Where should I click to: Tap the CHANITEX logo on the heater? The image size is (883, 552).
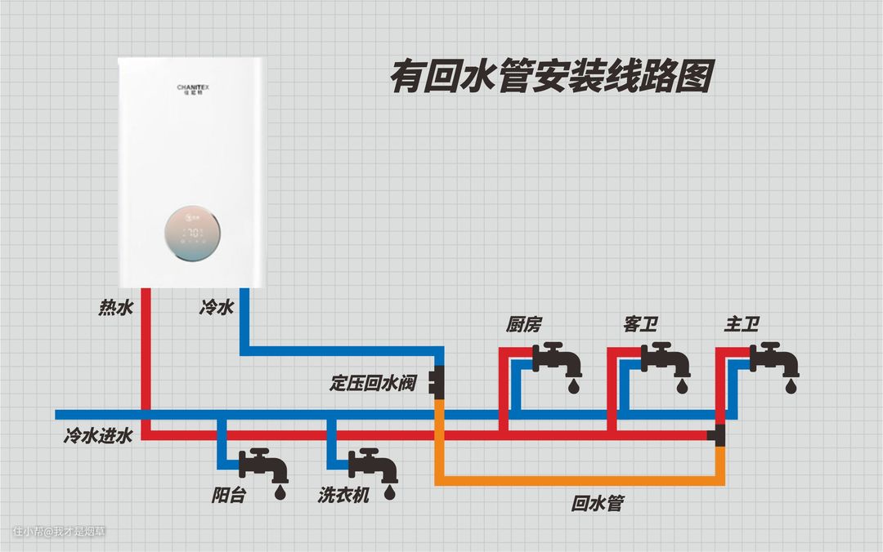193,87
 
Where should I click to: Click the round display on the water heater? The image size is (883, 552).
193,234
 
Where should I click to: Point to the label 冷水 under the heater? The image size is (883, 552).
217,308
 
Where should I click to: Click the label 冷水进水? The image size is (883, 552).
98,437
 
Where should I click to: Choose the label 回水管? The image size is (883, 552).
597,504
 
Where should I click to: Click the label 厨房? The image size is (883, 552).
523,325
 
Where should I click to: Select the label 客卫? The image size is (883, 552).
640,325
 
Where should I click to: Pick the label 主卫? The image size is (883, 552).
742,325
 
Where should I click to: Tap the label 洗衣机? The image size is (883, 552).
344,496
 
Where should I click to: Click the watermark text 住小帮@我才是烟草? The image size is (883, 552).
59,532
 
